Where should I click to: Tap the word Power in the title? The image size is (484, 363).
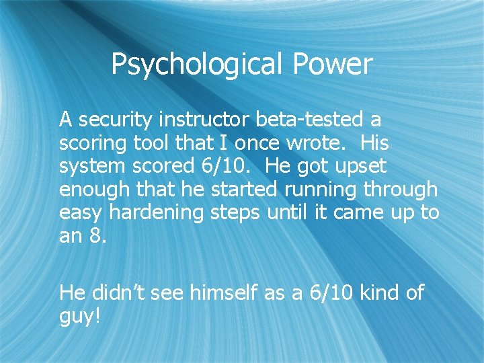tap(332, 65)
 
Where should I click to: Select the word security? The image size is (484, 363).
tap(115, 120)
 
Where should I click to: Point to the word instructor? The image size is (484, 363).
tap(206, 120)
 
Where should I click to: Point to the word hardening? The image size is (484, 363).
tap(159, 214)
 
